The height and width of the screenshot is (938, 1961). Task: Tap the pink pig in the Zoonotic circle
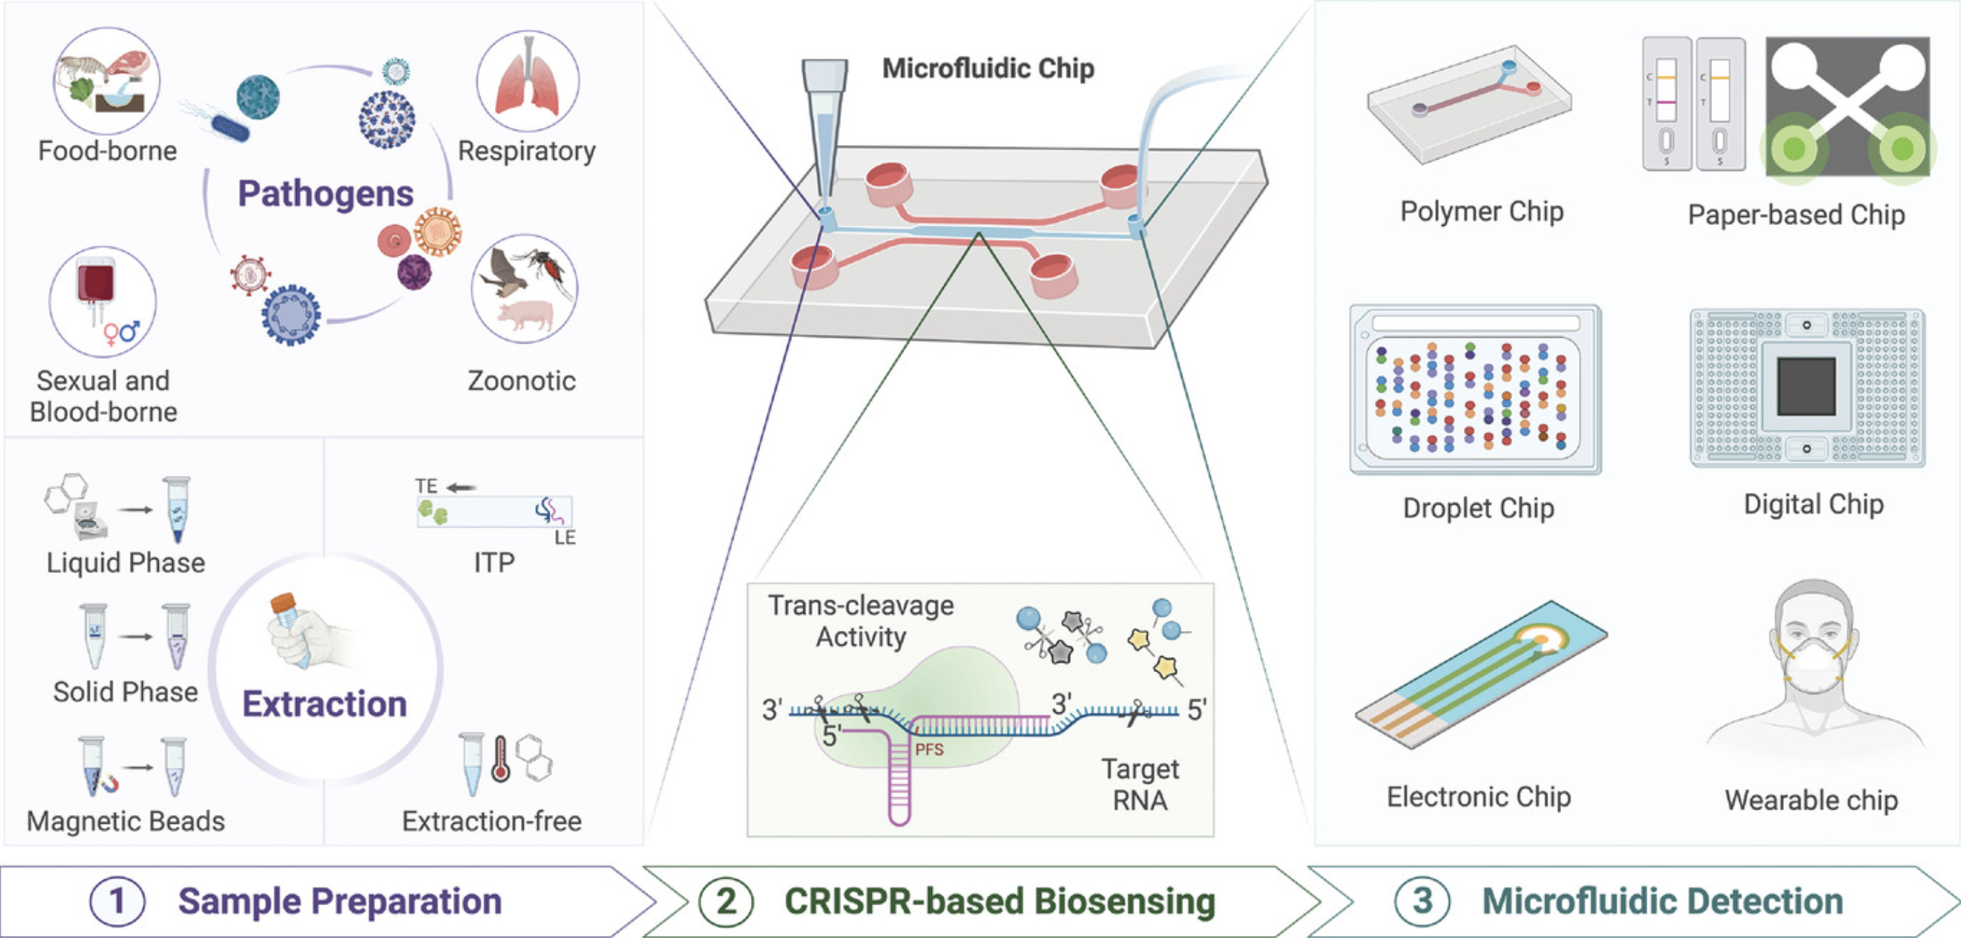coord(524,314)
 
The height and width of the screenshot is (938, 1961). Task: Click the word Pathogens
coord(326,193)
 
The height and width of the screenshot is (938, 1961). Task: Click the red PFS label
coord(929,749)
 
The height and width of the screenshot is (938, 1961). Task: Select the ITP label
coord(494,563)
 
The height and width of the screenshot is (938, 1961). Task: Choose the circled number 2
coord(726,902)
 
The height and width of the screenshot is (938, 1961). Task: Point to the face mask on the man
coord(1814,666)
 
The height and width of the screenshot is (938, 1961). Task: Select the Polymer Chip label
coord(1482,211)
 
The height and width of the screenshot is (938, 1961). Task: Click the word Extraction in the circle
coord(325,703)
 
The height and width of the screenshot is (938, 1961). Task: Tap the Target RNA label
coord(1140,784)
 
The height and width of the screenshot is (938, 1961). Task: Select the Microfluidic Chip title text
coord(988,68)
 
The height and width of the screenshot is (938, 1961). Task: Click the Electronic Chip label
coord(1478,796)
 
